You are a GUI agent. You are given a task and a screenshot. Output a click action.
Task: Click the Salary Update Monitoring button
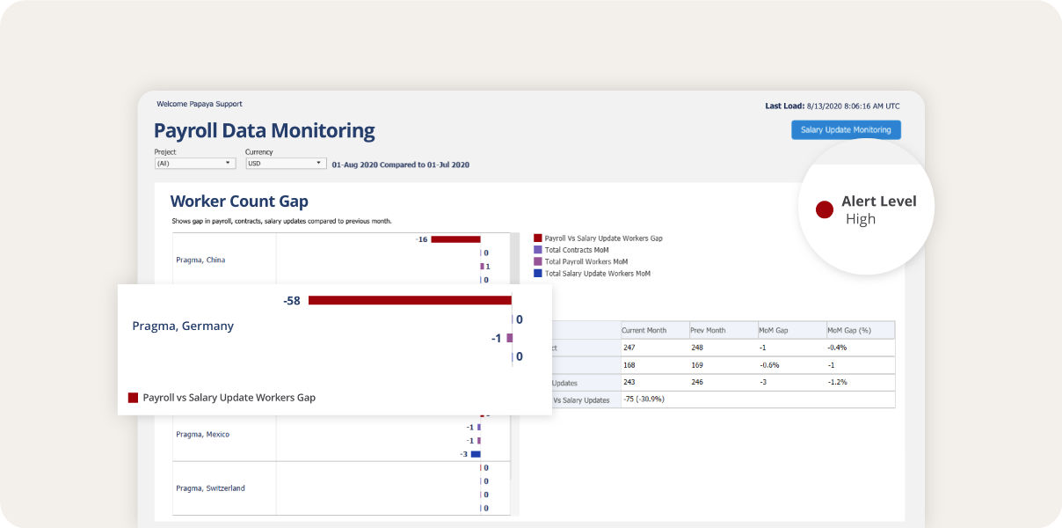[846, 130]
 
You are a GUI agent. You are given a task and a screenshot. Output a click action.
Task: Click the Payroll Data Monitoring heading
[265, 131]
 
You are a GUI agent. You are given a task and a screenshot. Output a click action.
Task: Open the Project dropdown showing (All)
[194, 164]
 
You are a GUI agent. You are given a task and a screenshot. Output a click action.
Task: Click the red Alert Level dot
[824, 209]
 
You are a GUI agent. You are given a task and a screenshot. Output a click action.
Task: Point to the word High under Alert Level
[861, 219]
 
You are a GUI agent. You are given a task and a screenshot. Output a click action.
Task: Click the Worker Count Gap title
[239, 202]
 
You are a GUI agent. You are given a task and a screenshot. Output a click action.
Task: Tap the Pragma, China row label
[200, 260]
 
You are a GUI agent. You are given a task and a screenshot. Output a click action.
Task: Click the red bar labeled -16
[455, 239]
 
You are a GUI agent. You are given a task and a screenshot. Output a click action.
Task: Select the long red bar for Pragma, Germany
[409, 301]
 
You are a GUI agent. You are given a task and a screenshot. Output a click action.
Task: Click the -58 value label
[292, 301]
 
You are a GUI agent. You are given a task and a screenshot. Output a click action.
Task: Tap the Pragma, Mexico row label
[202, 434]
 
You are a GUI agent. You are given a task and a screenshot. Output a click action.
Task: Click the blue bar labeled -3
[476, 454]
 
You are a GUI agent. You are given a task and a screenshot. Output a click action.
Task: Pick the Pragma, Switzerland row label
[210, 488]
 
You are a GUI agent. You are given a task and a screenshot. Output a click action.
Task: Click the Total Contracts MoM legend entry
[576, 250]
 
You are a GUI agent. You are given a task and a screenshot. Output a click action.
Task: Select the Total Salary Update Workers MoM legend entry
[596, 274]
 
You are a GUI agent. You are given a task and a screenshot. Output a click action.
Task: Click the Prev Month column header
[709, 330]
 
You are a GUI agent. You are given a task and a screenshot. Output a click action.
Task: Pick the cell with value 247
[629, 348]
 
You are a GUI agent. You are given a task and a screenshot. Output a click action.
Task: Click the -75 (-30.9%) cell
[644, 400]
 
